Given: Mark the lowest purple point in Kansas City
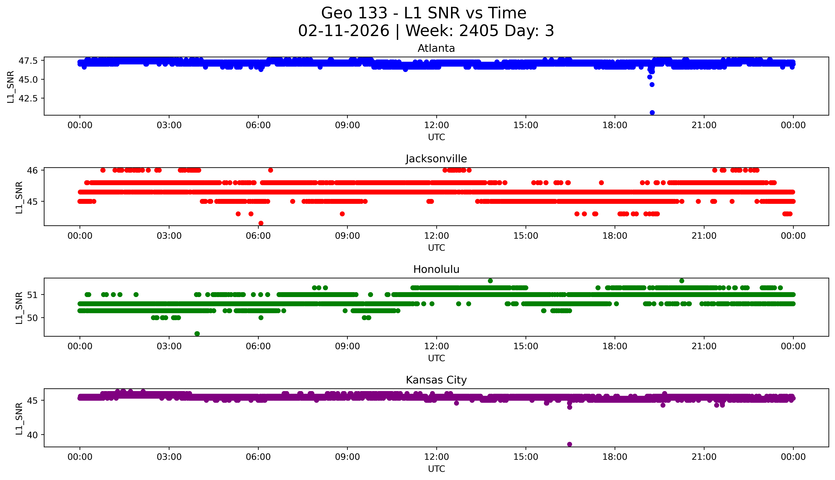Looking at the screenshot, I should coord(569,444).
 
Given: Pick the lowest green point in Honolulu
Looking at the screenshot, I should coord(197,334).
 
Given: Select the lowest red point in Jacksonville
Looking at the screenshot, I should coord(261,223).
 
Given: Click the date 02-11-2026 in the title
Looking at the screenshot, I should coord(344,31).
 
